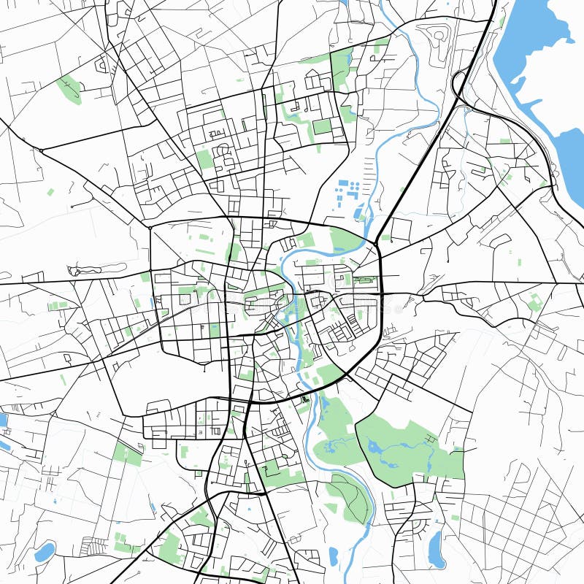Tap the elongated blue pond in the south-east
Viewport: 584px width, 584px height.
click(x=436, y=549)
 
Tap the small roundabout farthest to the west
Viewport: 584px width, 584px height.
click(x=42, y=150)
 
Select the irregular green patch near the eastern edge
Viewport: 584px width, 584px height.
click(x=536, y=301)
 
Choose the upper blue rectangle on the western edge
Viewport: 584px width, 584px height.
click(x=3, y=420)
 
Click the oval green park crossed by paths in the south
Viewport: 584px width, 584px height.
click(x=349, y=498)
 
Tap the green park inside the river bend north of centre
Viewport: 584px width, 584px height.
click(x=345, y=239)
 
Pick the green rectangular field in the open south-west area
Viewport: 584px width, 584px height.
click(x=128, y=453)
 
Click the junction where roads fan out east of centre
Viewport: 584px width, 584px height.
click(x=382, y=294)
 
